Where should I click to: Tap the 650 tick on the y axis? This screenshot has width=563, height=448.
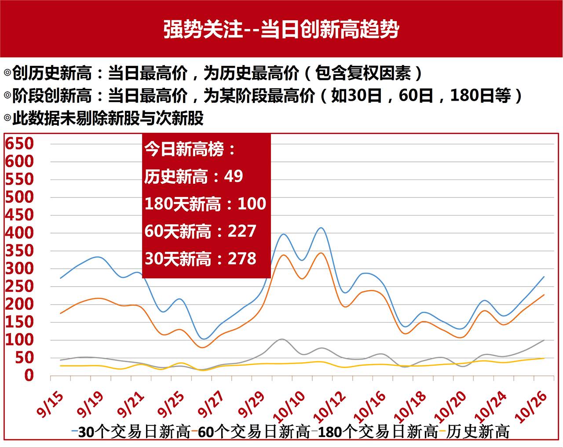(x=19, y=143)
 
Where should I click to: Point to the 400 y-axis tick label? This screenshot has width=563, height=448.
(x=19, y=233)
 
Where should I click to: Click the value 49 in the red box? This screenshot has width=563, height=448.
(x=233, y=176)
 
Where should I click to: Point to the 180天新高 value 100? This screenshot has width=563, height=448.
(x=252, y=204)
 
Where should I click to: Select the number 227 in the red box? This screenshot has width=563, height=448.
(x=241, y=231)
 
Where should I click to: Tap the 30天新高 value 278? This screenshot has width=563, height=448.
(x=241, y=259)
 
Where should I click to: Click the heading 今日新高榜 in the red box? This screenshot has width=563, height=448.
(x=190, y=149)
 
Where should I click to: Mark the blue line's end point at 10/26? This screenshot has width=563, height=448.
(x=544, y=277)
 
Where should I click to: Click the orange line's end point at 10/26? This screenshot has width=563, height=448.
(x=544, y=295)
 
